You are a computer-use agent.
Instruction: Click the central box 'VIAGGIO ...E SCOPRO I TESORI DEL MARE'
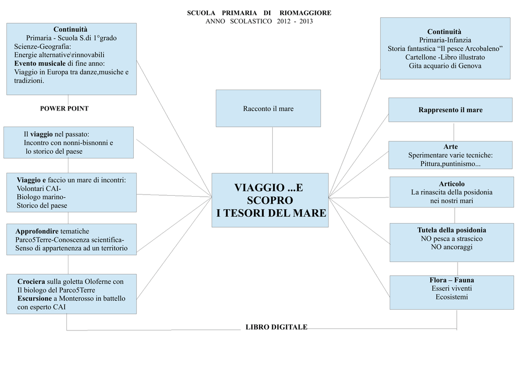click(271, 201)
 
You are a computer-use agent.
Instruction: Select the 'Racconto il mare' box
click(268, 108)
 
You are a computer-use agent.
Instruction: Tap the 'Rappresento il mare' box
click(450, 110)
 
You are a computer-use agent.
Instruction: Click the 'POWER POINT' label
click(64, 108)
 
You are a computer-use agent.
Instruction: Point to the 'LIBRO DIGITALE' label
click(276, 327)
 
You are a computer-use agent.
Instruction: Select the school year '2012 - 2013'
click(295, 21)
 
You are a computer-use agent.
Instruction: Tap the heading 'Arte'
click(450, 147)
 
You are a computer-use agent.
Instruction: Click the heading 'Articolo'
click(452, 183)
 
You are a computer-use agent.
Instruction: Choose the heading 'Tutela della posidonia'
click(451, 230)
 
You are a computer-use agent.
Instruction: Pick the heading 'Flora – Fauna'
click(451, 280)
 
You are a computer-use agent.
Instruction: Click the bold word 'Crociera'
click(31, 281)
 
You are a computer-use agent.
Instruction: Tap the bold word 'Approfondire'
click(37, 231)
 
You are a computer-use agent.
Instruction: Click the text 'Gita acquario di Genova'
click(445, 66)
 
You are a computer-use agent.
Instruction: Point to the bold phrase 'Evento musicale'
click(40, 63)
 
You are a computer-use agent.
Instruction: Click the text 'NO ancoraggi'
click(451, 247)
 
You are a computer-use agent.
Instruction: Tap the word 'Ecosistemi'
click(451, 297)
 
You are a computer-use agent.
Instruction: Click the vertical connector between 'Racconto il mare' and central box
click(273, 150)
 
